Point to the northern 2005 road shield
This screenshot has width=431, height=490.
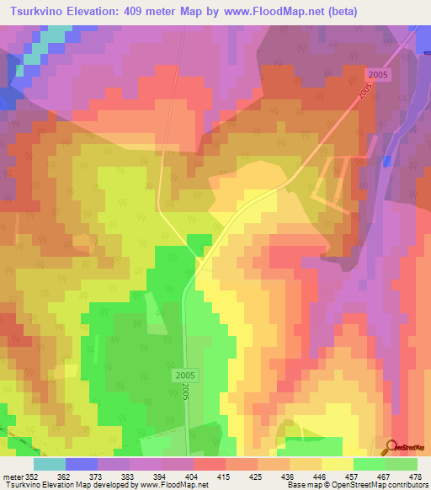pyautogui.click(x=377, y=75)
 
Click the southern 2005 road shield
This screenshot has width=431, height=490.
pyautogui.click(x=188, y=374)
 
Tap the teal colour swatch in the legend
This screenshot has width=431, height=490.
pyautogui.click(x=50, y=464)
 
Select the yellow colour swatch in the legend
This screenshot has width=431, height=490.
pyautogui.click(x=338, y=464)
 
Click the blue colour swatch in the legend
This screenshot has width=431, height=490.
pyautogui.click(x=82, y=464)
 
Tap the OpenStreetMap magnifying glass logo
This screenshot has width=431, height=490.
pyautogui.click(x=391, y=447)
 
